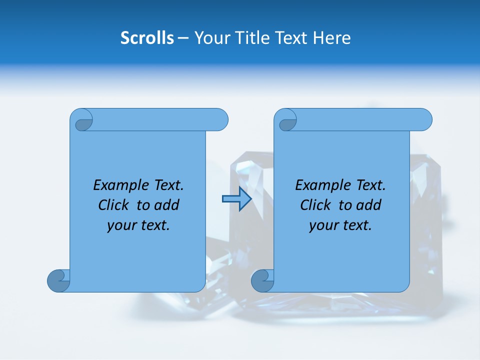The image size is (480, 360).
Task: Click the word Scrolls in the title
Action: [x=147, y=38]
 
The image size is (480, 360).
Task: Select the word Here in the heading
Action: [x=331, y=38]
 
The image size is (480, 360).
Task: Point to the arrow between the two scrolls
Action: [x=236, y=199]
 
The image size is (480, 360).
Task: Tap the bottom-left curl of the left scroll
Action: [x=58, y=280]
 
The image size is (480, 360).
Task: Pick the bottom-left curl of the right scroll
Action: [x=262, y=280]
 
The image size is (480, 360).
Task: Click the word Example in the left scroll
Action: [x=118, y=185]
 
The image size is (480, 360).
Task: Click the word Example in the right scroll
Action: [x=322, y=185]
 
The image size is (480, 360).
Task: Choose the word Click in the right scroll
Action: [x=315, y=205]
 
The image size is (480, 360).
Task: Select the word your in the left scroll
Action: [x=120, y=225]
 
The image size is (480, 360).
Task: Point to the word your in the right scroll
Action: [x=322, y=225]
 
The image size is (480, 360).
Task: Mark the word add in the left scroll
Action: [x=167, y=205]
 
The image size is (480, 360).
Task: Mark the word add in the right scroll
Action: [x=369, y=205]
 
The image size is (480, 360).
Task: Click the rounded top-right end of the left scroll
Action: [x=220, y=119]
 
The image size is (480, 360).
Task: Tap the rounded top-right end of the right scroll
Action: [x=424, y=119]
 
